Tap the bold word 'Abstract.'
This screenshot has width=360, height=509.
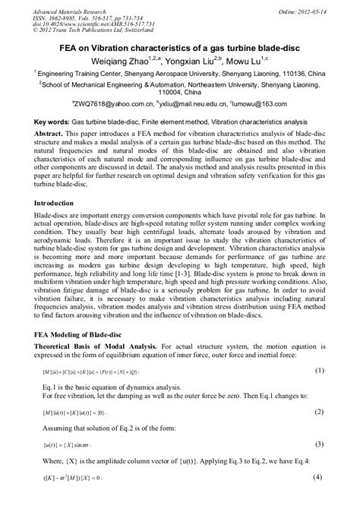51,132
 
